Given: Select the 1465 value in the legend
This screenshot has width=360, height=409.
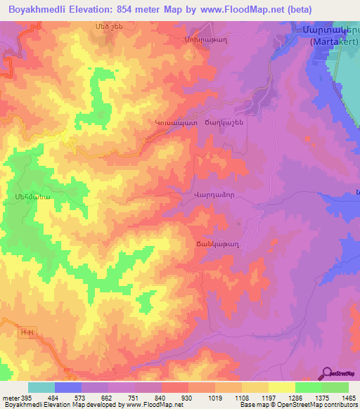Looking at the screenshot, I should (349, 398).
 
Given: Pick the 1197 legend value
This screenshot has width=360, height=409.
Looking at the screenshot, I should (270, 398).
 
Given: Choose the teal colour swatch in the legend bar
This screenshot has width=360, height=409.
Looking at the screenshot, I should (41, 387).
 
